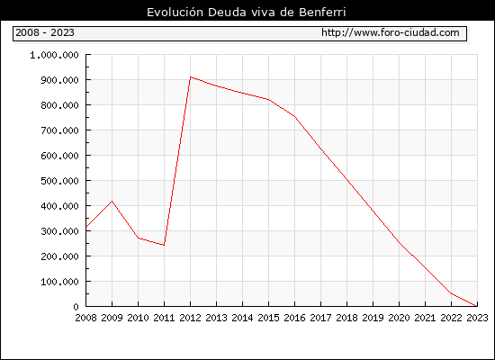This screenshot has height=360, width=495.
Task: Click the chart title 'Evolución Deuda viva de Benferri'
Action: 247,13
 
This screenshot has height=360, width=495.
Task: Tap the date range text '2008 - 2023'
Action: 45,32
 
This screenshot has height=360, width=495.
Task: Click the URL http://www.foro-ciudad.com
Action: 391,32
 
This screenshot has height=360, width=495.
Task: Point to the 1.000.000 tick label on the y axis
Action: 54,55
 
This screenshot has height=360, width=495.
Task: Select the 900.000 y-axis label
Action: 59,80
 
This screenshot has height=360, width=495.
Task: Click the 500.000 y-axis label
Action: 59,181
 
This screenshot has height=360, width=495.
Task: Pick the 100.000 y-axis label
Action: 59,282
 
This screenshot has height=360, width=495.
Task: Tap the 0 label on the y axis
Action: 76,307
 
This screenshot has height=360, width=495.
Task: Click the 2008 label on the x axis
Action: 85,318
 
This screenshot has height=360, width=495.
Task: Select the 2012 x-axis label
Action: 191,318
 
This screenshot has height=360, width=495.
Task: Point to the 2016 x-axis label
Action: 294,318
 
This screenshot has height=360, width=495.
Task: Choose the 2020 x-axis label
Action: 399,318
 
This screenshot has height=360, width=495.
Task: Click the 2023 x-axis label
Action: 477,318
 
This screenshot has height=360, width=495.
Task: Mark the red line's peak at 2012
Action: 191,76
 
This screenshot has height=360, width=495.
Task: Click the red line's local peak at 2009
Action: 112,202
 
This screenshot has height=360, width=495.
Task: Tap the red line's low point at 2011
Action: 164,245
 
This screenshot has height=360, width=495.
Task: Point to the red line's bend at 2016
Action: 294,116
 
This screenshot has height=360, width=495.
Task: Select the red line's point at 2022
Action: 451,293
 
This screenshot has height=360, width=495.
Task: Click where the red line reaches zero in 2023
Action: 477,306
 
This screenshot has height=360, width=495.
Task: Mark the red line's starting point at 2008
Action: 86,227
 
